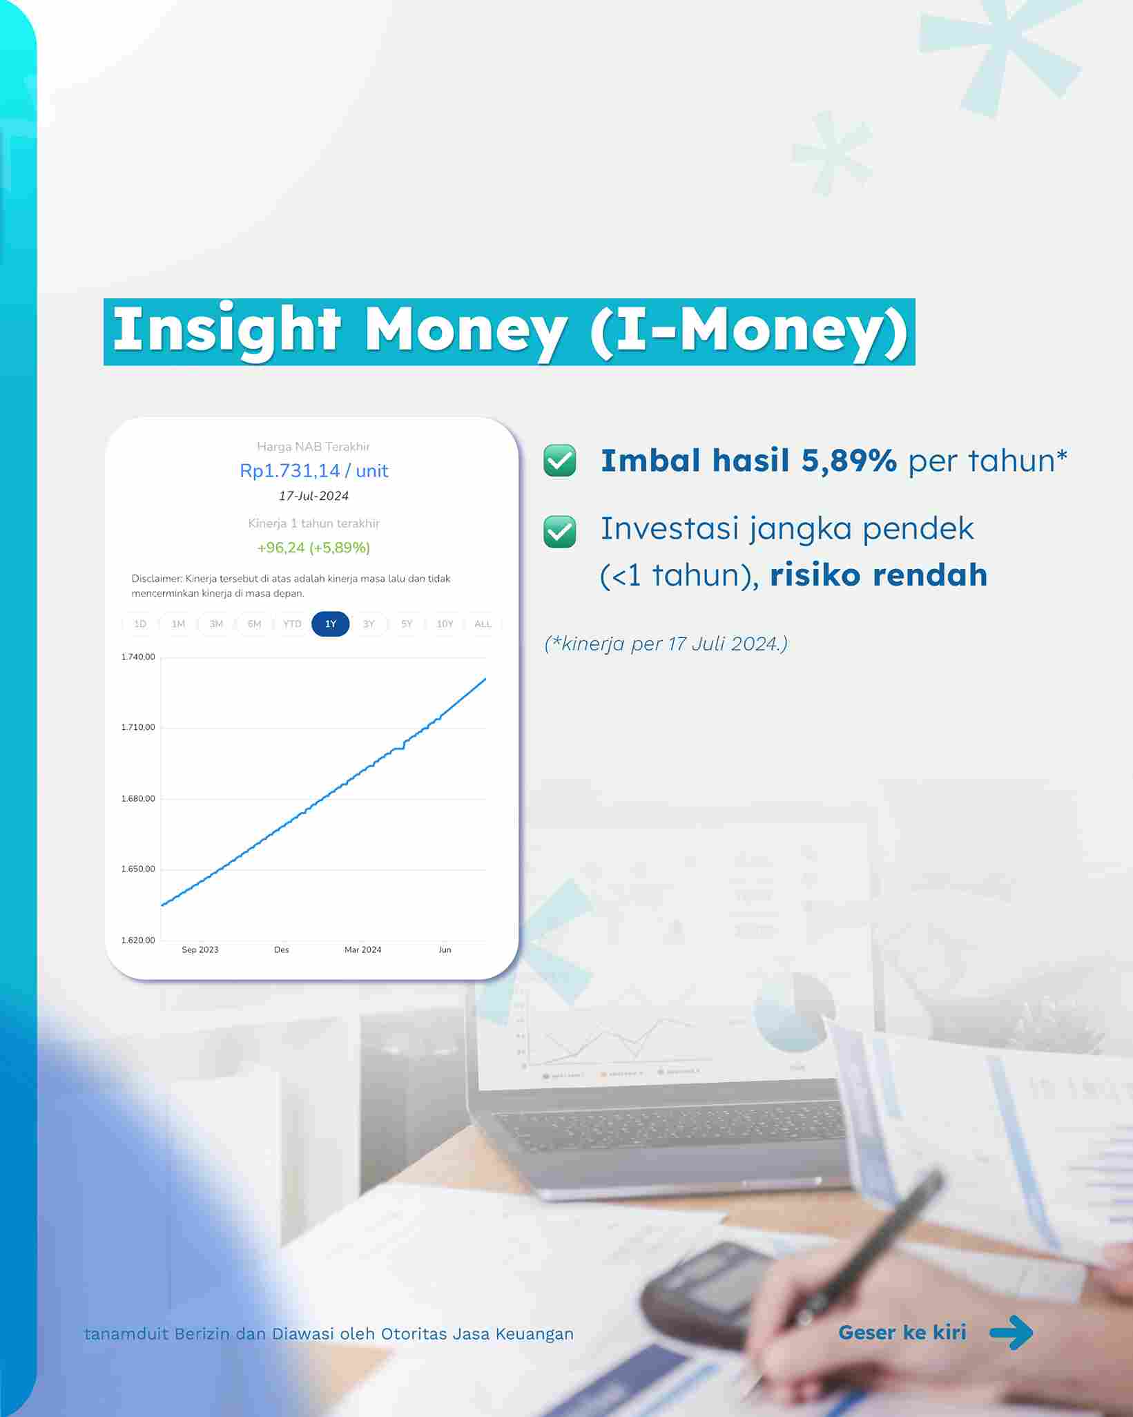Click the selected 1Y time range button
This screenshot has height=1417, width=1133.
[x=331, y=624]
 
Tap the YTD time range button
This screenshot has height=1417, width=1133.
[x=292, y=624]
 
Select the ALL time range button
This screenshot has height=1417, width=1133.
[x=483, y=624]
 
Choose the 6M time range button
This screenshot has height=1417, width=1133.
[x=254, y=624]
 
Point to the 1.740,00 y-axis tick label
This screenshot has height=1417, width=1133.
[x=138, y=657]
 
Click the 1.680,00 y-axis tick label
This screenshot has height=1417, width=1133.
[x=138, y=798]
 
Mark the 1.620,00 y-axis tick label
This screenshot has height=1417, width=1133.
[x=138, y=940]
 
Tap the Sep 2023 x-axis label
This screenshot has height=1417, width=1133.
[x=200, y=950]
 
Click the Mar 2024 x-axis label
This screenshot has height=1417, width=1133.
[x=362, y=950]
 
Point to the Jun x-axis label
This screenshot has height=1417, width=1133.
[x=445, y=950]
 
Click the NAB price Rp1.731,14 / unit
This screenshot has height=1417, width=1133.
[x=313, y=471]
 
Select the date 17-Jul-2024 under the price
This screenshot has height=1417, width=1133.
[x=313, y=496]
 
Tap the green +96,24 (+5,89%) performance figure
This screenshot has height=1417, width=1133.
[x=313, y=548]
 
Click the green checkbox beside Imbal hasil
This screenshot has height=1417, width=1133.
[x=560, y=461]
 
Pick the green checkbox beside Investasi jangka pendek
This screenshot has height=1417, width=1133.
[x=560, y=532]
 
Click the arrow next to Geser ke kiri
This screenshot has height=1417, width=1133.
[x=1011, y=1332]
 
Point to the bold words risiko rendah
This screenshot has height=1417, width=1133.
[x=878, y=575]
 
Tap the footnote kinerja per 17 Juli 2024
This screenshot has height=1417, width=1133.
[x=666, y=644]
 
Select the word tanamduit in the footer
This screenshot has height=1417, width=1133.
[x=126, y=1333]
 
